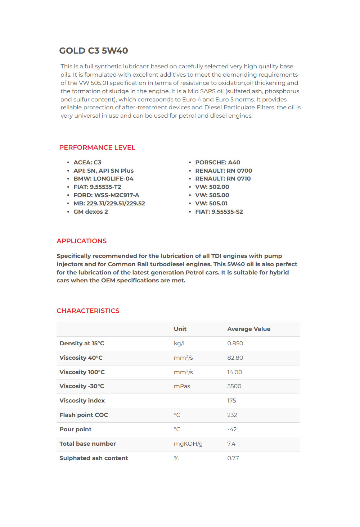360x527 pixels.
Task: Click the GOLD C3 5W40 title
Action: (x=94, y=51)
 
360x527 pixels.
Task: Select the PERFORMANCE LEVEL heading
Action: (x=97, y=147)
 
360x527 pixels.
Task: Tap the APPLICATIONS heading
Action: (x=82, y=241)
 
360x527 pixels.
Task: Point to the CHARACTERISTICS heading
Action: (x=88, y=311)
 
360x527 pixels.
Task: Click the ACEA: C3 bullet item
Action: (x=87, y=163)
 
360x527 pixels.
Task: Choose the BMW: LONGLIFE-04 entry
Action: (x=103, y=179)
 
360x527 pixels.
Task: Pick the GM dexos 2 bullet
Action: (x=91, y=212)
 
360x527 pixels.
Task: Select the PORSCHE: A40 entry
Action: (x=217, y=163)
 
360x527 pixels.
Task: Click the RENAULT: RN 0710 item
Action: (x=223, y=179)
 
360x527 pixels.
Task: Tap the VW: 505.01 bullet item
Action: (x=211, y=204)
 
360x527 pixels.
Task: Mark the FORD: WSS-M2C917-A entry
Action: (x=106, y=195)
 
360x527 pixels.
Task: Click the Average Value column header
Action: (x=249, y=329)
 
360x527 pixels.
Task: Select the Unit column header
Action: (x=180, y=329)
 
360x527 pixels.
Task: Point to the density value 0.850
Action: (x=235, y=344)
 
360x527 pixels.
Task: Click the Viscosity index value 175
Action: (x=231, y=401)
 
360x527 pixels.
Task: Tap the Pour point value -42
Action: (x=232, y=430)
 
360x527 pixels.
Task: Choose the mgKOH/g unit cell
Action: (x=188, y=444)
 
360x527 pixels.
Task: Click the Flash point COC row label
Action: (x=84, y=415)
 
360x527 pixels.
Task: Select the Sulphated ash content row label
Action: (x=94, y=458)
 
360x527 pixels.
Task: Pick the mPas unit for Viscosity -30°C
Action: (x=182, y=386)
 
